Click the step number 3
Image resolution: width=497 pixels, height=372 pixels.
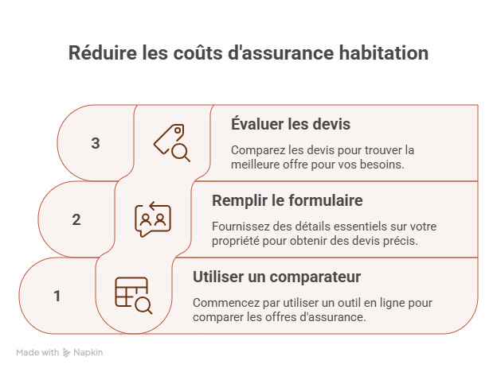tap(96, 144)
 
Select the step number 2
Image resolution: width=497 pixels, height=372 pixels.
tap(76, 220)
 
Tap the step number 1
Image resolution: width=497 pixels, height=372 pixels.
tap(57, 296)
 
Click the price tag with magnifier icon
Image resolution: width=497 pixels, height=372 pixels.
tap(172, 143)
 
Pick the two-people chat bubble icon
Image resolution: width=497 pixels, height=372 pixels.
tap(153, 219)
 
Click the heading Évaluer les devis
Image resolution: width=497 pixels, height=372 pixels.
tap(290, 125)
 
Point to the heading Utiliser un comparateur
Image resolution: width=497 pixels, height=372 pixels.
tap(277, 277)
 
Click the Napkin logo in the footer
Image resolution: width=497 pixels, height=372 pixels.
tap(83, 352)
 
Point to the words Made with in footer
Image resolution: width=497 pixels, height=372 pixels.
tap(37, 352)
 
